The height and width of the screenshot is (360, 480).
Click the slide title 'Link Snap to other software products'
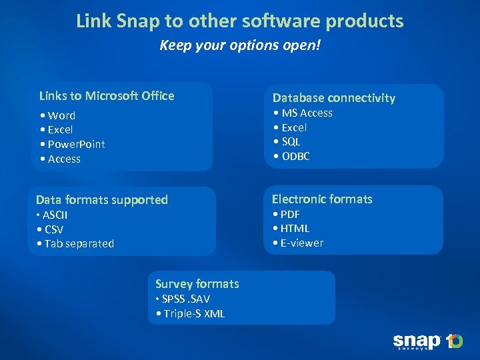pyautogui.click(x=240, y=21)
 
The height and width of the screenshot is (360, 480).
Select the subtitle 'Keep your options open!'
pyautogui.click(x=240, y=47)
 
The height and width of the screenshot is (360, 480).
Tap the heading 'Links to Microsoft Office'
pyautogui.click(x=107, y=96)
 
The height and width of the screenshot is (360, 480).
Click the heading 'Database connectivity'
pyautogui.click(x=333, y=98)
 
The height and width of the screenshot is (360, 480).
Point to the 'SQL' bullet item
pyautogui.click(x=291, y=141)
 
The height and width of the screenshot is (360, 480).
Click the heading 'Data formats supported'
pyautogui.click(x=102, y=200)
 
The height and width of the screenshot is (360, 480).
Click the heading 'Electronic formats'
pyautogui.click(x=322, y=199)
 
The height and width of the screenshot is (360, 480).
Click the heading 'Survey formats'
pyautogui.click(x=197, y=284)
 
